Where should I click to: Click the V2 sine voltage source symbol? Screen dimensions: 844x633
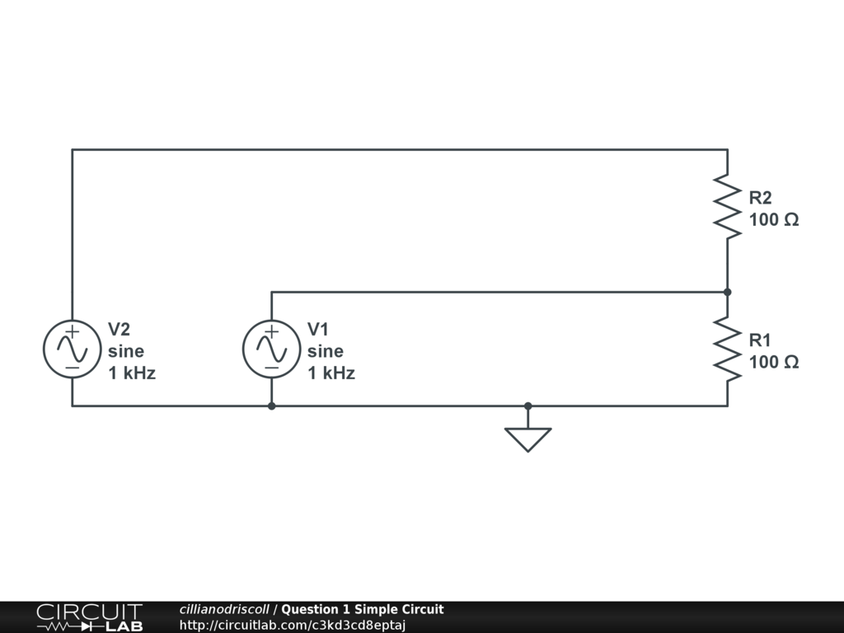[73, 349]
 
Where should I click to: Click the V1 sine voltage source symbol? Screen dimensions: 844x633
[272, 349]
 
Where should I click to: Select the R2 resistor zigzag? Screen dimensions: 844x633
[728, 205]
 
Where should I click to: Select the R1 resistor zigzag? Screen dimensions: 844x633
[728, 349]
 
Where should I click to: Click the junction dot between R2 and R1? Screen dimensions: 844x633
[728, 293]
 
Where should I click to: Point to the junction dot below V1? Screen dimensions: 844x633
[272, 406]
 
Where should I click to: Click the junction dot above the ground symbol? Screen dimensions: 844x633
[528, 406]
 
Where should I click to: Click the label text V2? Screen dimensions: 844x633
[119, 329]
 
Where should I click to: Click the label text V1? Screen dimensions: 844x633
[318, 329]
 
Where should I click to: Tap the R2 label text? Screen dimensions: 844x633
[760, 198]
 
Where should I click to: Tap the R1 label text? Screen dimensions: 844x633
[759, 340]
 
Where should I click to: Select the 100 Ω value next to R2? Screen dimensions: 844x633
[774, 219]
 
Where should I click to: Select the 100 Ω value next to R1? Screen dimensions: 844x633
[774, 363]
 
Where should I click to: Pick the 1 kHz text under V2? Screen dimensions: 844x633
[132, 373]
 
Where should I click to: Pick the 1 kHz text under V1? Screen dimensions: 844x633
[331, 373]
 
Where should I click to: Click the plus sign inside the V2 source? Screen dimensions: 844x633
[73, 331]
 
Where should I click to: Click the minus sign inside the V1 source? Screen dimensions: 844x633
[272, 368]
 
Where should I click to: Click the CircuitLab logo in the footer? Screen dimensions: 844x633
[90, 617]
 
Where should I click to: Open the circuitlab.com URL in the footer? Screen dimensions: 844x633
[293, 626]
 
